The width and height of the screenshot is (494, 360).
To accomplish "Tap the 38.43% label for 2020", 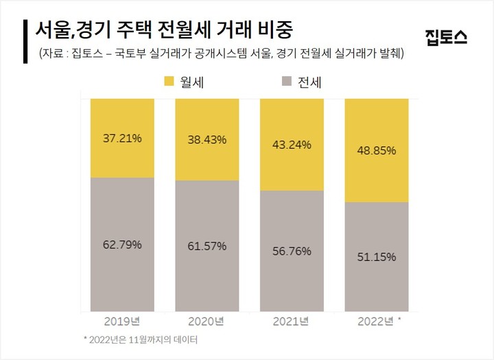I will (207, 140).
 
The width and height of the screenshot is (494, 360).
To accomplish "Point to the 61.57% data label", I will (207, 246).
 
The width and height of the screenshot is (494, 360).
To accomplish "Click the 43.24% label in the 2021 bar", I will (292, 145).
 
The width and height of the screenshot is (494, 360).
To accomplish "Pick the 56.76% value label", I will (292, 251).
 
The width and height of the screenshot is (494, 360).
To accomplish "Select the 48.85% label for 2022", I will (377, 151).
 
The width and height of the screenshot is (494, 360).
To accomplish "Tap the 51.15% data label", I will (377, 257).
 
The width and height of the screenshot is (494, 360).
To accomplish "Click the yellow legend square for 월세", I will (169, 82).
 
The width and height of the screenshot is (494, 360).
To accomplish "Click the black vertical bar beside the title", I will (25, 40).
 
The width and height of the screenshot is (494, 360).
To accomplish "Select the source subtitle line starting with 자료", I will (220, 53).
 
